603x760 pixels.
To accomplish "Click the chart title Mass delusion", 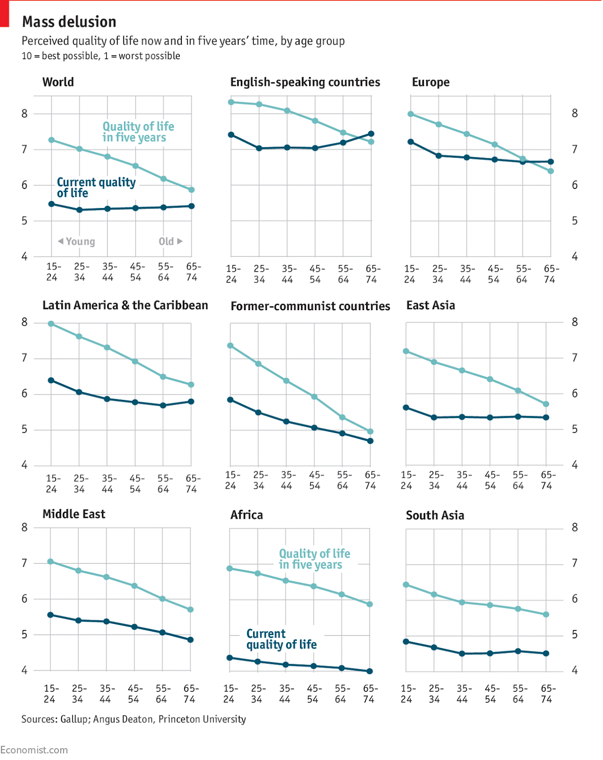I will click(69, 22).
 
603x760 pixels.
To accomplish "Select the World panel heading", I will click(58, 82).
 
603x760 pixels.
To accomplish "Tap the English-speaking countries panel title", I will click(305, 82).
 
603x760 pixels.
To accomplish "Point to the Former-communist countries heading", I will click(310, 306).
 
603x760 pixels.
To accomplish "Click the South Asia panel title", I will click(435, 515).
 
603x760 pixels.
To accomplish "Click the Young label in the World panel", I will click(77, 241).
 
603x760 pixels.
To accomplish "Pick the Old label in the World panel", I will click(170, 241).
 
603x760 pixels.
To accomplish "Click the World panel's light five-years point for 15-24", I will click(51, 140).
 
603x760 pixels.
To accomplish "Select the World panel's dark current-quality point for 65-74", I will click(191, 206).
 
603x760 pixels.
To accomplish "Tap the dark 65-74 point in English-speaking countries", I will click(371, 134).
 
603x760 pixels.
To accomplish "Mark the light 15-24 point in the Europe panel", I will click(411, 114).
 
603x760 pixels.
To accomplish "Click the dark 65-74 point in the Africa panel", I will click(370, 671).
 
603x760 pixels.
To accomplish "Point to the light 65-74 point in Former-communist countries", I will click(370, 432).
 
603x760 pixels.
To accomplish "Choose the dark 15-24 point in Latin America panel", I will click(51, 380).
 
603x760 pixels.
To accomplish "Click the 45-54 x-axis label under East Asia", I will click(491, 480).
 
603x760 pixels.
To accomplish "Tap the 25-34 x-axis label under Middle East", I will click(78, 694).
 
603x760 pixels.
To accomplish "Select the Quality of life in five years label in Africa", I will click(314, 559).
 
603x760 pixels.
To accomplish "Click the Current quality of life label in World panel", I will click(96, 188).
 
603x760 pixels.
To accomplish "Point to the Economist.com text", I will click(34, 750).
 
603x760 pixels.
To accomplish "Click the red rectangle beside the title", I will click(4, 13).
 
